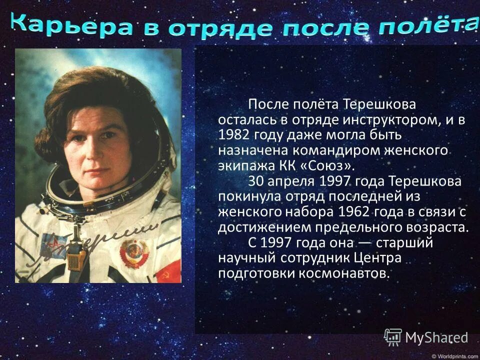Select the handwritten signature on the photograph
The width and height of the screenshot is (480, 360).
pyautogui.click(x=100, y=240)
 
